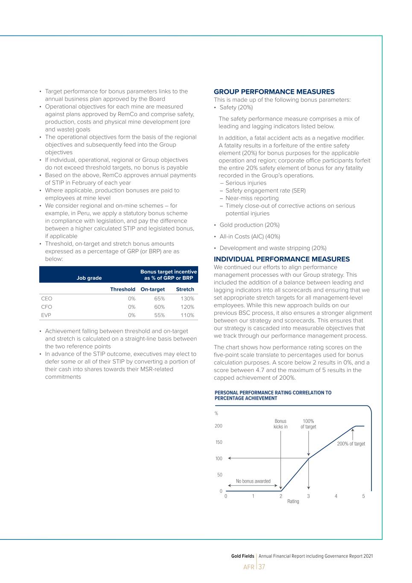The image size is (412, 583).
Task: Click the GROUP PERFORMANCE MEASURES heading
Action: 274,92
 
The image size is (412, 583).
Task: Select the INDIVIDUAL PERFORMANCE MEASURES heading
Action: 281,259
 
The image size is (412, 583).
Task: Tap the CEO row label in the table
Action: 47,299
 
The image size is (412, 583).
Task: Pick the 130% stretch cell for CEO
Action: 187,299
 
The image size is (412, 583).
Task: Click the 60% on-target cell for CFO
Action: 159,307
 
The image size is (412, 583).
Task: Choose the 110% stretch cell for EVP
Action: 187,315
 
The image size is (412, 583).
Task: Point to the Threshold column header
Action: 123,290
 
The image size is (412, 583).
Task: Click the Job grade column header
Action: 89,278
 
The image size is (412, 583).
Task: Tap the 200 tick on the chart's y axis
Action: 218,426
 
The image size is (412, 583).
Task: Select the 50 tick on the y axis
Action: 219,475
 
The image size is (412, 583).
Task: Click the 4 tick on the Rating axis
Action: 336,496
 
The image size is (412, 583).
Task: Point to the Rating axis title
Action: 293,501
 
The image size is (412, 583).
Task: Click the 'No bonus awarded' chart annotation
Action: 253,481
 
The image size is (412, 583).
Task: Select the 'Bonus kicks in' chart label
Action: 281,424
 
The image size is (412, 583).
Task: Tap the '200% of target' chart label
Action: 351,444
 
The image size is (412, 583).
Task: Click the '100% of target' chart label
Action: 308,424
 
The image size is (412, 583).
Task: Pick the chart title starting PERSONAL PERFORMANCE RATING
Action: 273,396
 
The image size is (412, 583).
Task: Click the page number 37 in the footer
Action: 262,567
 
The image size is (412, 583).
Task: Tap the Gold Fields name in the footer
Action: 243,556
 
